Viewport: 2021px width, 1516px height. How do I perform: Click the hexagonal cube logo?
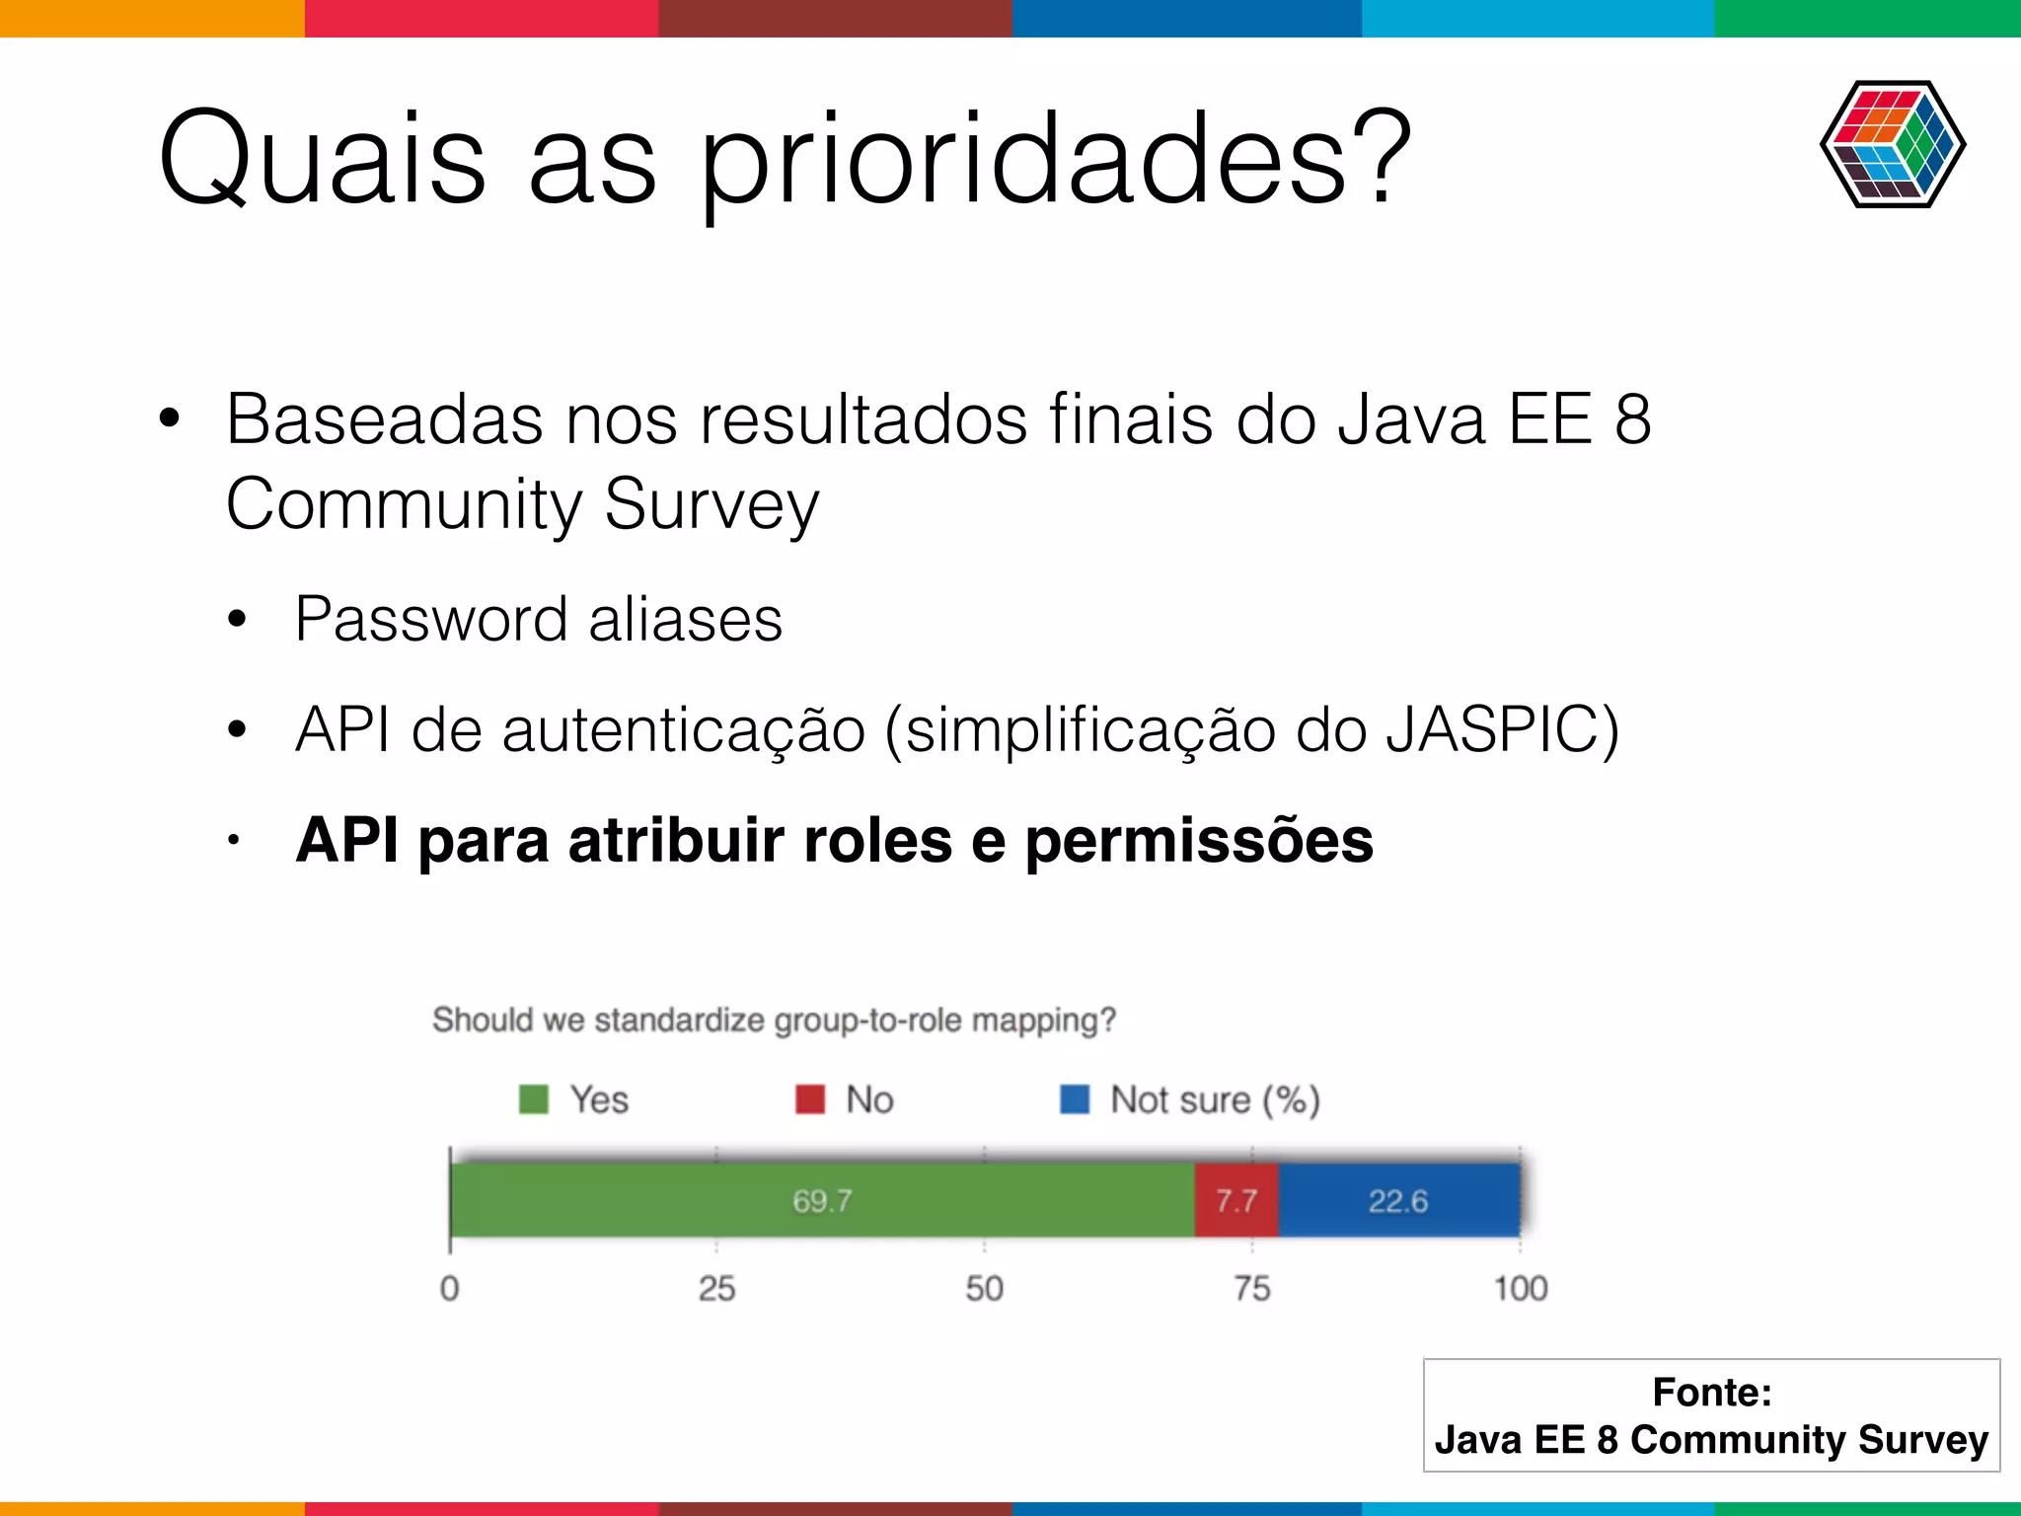(1893, 144)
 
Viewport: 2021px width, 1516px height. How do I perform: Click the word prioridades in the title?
(1056, 160)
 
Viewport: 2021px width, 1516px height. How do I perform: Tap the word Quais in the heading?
(322, 160)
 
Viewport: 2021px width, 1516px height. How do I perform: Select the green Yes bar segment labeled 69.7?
(822, 1200)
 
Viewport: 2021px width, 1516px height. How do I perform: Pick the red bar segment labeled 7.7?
(1236, 1200)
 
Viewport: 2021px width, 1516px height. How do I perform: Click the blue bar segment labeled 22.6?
(1398, 1200)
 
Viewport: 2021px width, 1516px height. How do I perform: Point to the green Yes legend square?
(534, 1099)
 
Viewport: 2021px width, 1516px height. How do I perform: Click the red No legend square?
(810, 1099)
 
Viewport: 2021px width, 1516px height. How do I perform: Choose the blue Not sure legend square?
(1075, 1099)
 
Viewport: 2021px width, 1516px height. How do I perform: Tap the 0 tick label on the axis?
(449, 1288)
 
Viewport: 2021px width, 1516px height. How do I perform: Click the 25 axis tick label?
(716, 1288)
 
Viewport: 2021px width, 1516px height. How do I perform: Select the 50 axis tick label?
(984, 1288)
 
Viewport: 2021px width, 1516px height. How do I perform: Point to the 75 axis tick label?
(1252, 1288)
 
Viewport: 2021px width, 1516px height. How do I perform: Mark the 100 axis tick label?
(1520, 1288)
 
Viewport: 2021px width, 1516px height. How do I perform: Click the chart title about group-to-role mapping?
(774, 1020)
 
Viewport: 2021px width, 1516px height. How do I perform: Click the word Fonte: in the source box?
(1712, 1392)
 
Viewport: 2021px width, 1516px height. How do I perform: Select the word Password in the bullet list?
(431, 620)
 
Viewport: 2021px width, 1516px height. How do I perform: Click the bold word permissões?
(1198, 841)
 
